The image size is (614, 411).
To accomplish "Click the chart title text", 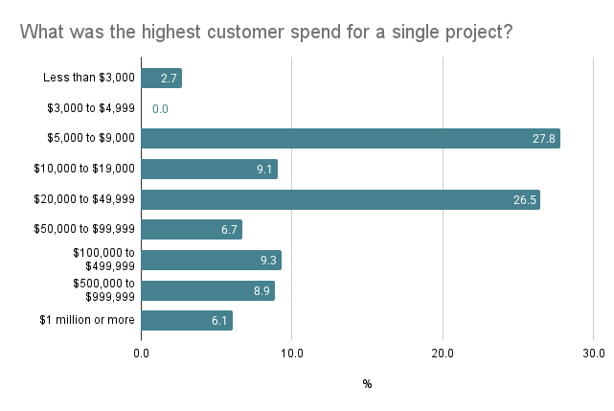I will (266, 32).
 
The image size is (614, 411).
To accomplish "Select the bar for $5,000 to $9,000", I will (351, 139).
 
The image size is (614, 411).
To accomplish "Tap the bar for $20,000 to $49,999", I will (340, 199).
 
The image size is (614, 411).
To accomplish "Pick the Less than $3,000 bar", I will (161, 79).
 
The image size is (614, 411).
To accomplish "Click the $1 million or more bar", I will (187, 320).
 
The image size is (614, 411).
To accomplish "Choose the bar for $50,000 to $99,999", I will (192, 229).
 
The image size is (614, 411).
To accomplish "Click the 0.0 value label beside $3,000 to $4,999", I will (160, 109).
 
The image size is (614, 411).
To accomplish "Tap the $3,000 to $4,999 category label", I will (91, 109).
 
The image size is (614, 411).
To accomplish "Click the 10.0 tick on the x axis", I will (292, 354).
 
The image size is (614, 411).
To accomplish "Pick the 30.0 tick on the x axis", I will (593, 354).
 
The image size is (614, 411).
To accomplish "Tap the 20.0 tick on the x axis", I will (443, 354).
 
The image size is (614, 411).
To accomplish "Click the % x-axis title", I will (367, 384).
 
